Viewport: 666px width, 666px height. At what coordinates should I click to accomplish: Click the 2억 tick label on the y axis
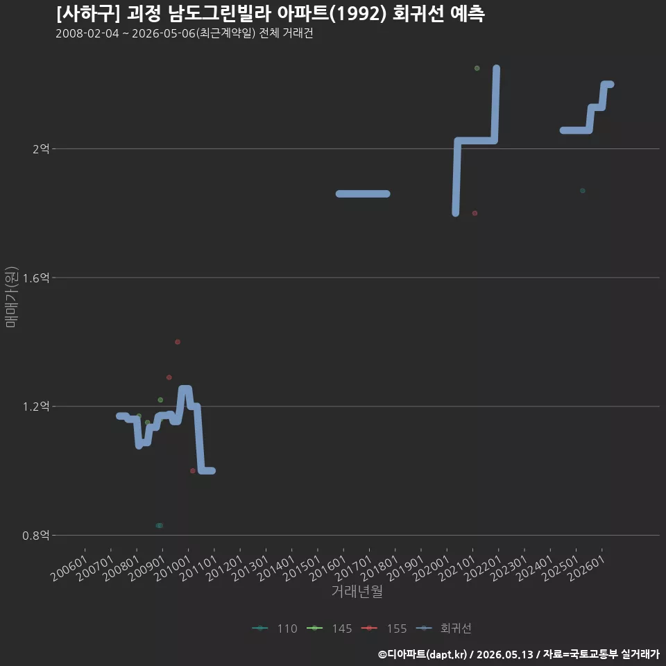(x=41, y=148)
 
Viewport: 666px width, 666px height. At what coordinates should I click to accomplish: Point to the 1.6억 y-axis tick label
(x=36, y=277)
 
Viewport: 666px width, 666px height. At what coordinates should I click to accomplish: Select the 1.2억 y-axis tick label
(x=36, y=407)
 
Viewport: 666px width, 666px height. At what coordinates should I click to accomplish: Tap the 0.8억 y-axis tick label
(x=36, y=535)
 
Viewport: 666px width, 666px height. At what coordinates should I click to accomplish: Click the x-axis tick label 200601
(x=69, y=568)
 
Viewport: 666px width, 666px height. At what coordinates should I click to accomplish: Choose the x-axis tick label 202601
(x=586, y=568)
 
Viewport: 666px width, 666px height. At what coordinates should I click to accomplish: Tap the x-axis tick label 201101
(x=198, y=568)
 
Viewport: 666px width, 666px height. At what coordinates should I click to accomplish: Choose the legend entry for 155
(x=384, y=629)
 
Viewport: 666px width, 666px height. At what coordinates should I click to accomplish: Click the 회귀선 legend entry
(x=443, y=629)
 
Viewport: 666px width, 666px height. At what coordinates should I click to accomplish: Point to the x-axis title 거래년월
(x=357, y=591)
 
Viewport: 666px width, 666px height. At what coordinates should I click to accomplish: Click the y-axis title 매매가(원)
(x=11, y=297)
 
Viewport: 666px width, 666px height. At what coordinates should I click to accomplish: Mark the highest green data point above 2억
(x=477, y=69)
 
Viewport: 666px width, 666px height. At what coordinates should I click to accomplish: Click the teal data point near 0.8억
(x=160, y=525)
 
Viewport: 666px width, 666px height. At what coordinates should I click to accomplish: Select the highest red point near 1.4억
(x=178, y=342)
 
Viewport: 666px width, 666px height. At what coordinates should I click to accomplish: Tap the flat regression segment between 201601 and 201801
(x=363, y=194)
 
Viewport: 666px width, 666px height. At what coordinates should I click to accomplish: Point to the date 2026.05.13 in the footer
(x=505, y=654)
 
